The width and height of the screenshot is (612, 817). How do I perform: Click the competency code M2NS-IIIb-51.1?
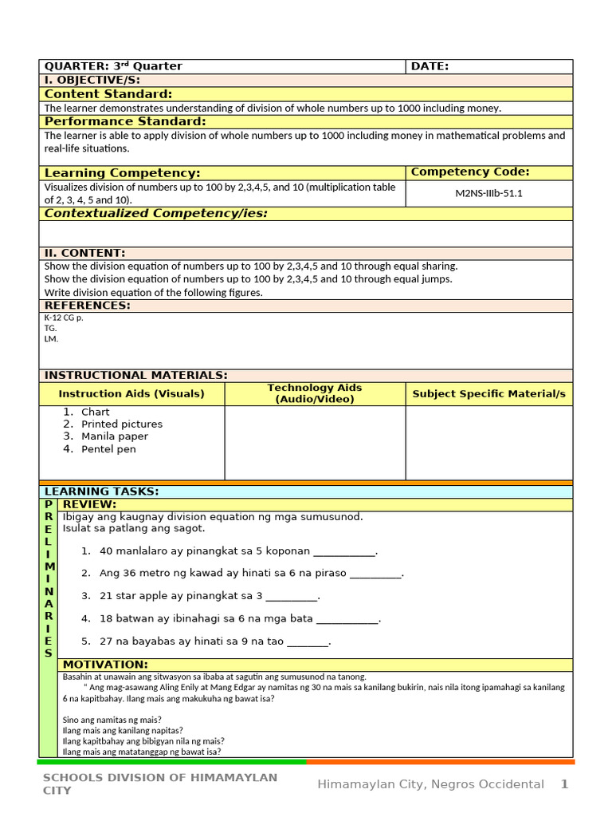tap(488, 194)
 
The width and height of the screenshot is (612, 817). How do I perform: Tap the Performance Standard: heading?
tap(125, 121)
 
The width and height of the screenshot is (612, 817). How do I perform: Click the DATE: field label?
tap(430, 66)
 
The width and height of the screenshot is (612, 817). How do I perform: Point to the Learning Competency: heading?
tap(122, 173)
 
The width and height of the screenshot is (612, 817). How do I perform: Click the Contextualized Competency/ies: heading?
tap(155, 213)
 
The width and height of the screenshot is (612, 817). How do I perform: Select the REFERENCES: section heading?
tap(87, 306)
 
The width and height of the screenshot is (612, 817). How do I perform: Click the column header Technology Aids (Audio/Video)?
tap(315, 393)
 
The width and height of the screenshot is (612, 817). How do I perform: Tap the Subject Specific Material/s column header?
tap(488, 393)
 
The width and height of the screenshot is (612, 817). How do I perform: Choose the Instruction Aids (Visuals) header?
tap(131, 393)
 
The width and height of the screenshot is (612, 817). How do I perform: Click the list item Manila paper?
tap(114, 436)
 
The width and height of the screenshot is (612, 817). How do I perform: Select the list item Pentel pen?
tap(108, 449)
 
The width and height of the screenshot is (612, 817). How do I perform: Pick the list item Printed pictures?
tap(121, 424)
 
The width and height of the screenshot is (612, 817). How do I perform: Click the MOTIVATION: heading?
tap(105, 665)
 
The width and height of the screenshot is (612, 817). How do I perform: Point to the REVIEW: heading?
tap(89, 504)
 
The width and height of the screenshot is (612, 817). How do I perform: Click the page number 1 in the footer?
tap(564, 784)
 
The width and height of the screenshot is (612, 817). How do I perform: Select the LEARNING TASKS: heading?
tap(101, 491)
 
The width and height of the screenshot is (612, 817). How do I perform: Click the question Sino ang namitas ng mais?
tap(112, 719)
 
